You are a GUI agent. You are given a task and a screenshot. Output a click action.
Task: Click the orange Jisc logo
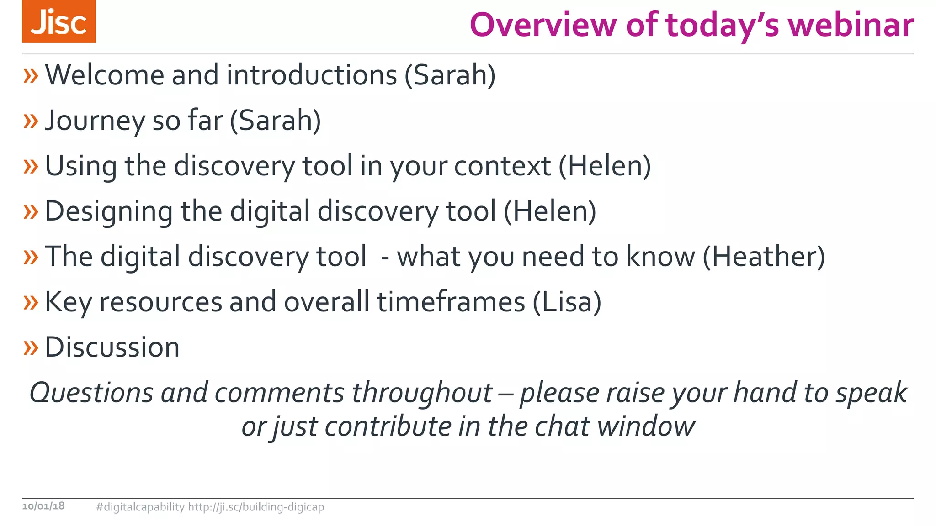point(59,21)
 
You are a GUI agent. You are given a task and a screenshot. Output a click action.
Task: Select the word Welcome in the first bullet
point(105,75)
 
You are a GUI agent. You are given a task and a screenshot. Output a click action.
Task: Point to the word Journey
point(95,121)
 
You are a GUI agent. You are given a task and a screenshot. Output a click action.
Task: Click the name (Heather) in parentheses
point(764,257)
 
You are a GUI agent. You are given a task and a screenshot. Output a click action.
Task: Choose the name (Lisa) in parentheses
point(567,302)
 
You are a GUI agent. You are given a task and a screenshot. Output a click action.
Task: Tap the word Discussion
point(112,347)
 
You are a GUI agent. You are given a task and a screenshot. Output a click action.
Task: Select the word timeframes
point(451,302)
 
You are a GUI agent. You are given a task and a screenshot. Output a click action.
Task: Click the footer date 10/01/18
point(43,506)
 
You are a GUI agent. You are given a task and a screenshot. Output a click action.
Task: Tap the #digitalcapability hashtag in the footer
point(140,507)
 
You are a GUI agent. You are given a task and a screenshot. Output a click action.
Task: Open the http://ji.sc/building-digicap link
point(256,507)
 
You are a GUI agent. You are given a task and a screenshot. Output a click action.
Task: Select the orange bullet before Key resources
point(31,302)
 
